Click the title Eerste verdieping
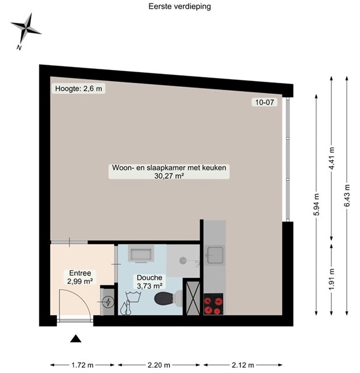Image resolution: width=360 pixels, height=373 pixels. point(180,6)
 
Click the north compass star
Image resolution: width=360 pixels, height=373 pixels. point(26,29)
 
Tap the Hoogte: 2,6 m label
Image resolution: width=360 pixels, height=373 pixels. point(79,89)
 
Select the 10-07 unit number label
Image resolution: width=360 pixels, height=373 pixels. point(264,103)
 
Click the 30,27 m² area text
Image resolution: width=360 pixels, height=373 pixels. point(169,176)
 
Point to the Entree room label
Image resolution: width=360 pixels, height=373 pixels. point(80,273)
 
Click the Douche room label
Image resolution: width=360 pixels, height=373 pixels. point(149,277)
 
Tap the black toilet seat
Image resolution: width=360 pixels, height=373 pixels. point(164,298)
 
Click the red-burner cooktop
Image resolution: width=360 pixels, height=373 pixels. point(214,304)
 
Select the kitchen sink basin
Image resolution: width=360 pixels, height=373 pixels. point(215,255)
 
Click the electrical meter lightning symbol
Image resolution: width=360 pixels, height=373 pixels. point(109,302)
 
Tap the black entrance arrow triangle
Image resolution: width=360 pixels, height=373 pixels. point(76,339)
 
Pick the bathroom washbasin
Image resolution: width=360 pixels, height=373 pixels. point(141,254)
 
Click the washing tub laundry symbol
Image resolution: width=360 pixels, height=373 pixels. point(134,297)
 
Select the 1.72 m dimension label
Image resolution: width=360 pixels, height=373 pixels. point(82,365)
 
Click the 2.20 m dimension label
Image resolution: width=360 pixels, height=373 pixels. point(159,365)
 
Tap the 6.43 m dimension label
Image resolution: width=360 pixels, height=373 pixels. point(347,196)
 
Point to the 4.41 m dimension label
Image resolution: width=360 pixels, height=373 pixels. point(331,159)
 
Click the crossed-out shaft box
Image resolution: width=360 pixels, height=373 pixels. point(193,298)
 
